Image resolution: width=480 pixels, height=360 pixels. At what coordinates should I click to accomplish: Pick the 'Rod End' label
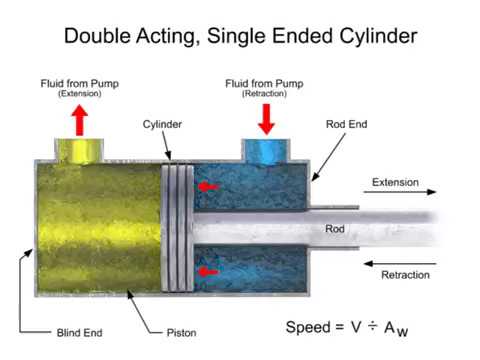[x=347, y=126]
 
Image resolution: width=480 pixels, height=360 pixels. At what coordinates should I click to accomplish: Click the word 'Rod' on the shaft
[x=335, y=228]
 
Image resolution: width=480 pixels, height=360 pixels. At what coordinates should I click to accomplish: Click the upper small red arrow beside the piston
[x=205, y=186]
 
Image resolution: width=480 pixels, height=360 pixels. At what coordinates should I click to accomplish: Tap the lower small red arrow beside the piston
[x=205, y=270]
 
